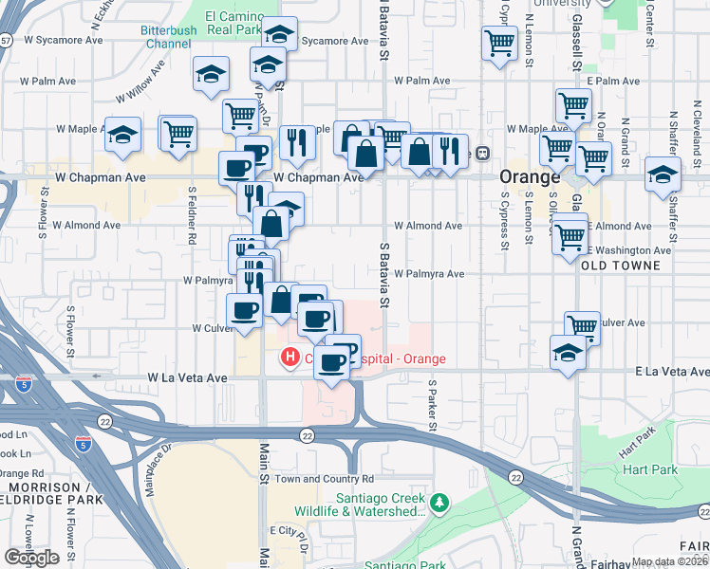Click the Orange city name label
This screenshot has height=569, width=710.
click(531, 177)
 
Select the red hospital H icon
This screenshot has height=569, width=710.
click(288, 358)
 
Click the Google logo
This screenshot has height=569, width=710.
click(30, 558)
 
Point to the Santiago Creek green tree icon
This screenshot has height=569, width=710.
click(439, 502)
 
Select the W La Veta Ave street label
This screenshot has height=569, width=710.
click(188, 377)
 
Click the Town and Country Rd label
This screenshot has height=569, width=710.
click(325, 479)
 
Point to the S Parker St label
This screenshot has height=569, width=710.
click(432, 403)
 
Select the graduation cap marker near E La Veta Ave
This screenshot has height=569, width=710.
click(568, 353)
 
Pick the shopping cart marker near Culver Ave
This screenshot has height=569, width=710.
click(582, 327)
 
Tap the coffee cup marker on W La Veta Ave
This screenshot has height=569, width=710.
click(330, 361)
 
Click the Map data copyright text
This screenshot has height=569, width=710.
click(670, 561)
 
